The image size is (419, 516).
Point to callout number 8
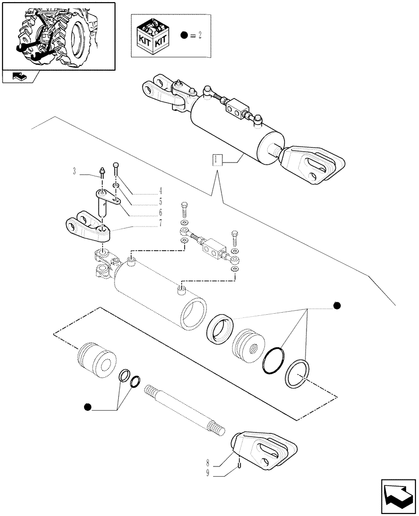click(207, 463)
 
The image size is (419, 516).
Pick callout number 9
click(207, 473)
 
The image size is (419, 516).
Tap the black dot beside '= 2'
click(184, 36)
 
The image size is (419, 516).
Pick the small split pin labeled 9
click(240, 466)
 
